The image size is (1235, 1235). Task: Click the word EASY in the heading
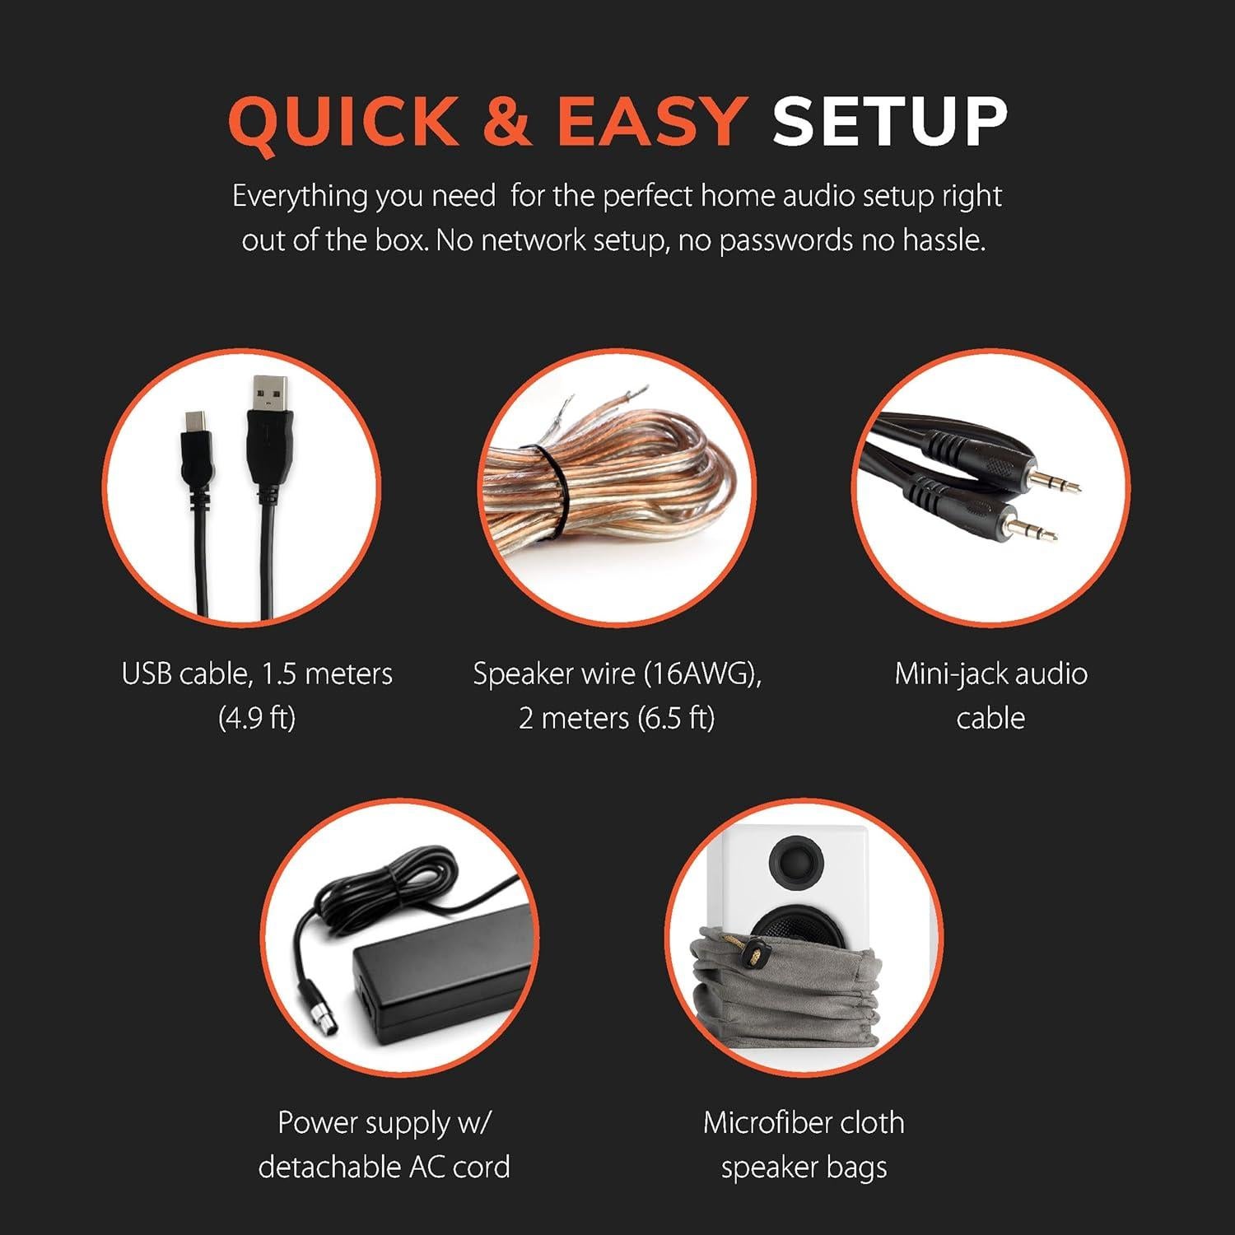click(651, 121)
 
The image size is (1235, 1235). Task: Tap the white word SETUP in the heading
click(890, 121)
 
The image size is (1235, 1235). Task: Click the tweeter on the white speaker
click(795, 860)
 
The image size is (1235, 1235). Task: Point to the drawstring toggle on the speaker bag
click(753, 956)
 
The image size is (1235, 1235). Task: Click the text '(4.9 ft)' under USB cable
click(257, 718)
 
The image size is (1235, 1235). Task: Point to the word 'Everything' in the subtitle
click(300, 198)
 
